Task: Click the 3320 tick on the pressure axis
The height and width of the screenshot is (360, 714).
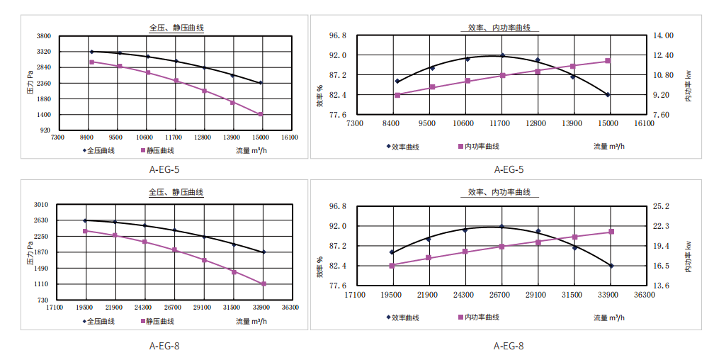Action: (43, 52)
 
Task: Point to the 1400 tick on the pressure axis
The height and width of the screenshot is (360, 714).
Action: (43, 115)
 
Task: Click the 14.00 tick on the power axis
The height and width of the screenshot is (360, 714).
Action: (664, 35)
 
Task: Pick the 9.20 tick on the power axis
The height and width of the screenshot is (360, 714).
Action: (662, 95)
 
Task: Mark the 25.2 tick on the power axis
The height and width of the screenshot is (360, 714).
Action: (662, 206)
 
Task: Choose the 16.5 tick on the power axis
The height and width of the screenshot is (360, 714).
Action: (662, 266)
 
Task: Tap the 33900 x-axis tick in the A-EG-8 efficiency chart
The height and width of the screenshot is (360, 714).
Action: (608, 294)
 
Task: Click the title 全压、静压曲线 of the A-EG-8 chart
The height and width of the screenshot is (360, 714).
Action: (176, 192)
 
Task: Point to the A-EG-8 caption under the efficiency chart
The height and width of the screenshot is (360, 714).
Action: (509, 346)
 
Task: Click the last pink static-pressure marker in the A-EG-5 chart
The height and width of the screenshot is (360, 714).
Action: (261, 114)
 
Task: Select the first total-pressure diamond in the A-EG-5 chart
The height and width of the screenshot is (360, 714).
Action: (91, 52)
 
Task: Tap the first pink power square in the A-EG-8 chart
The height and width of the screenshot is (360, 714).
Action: (391, 266)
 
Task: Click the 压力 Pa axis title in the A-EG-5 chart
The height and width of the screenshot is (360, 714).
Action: (30, 83)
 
